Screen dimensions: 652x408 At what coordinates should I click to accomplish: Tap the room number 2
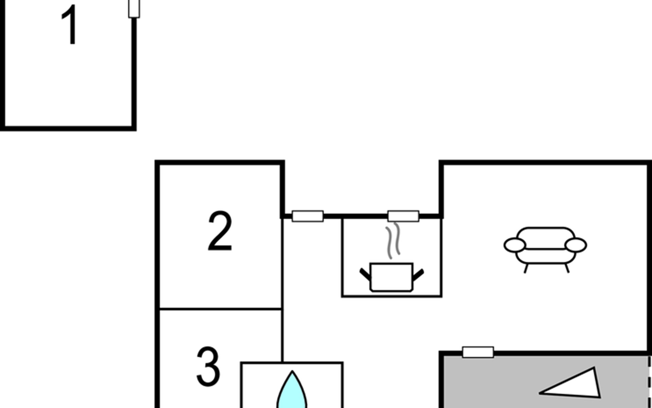(x=220, y=231)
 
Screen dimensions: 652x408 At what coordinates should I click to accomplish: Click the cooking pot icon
(x=392, y=277)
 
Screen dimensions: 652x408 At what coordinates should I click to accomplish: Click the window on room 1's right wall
(x=134, y=8)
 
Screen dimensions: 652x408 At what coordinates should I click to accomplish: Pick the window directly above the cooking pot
(x=403, y=216)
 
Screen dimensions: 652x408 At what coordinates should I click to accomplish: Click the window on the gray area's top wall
(x=478, y=352)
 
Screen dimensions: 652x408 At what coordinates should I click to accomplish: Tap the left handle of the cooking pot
(x=365, y=275)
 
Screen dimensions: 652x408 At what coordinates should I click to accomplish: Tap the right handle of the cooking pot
(x=418, y=275)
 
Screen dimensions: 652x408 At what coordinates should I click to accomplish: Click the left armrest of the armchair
(x=515, y=245)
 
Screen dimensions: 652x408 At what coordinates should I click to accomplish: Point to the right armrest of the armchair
(x=576, y=245)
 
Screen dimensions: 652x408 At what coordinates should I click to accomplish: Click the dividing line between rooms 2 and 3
(x=220, y=309)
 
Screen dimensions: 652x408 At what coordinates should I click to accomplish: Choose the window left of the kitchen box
(x=308, y=216)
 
